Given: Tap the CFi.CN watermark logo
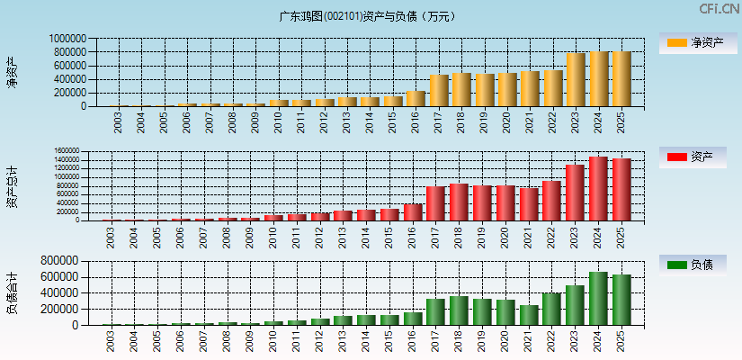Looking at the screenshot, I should tap(719, 9).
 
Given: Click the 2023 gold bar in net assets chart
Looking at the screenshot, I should tap(576, 79).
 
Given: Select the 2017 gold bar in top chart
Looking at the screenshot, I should tap(439, 90).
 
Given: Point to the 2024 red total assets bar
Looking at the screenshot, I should tap(599, 188).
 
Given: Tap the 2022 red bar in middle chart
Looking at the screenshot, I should tap(552, 201).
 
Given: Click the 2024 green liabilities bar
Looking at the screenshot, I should tap(599, 298).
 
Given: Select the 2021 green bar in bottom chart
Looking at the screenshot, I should tap(529, 315).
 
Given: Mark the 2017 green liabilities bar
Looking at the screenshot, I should tap(435, 311).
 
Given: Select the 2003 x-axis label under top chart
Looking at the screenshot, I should tap(119, 122).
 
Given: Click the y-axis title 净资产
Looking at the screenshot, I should tap(12, 72).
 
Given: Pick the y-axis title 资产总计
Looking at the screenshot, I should tap(12, 185).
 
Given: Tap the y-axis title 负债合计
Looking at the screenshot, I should tap(12, 292).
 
